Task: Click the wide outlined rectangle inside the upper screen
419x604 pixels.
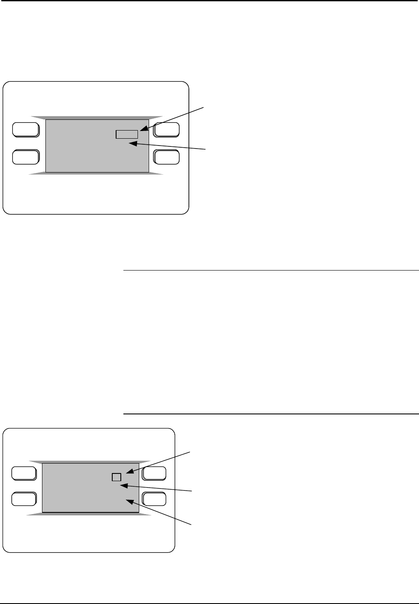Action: [127, 134]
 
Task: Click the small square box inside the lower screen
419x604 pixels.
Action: [116, 477]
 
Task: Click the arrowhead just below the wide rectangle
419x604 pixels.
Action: [132, 144]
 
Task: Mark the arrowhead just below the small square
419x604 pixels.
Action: [122, 485]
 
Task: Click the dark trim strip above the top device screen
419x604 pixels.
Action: [97, 117]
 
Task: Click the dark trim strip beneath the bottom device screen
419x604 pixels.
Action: [89, 514]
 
